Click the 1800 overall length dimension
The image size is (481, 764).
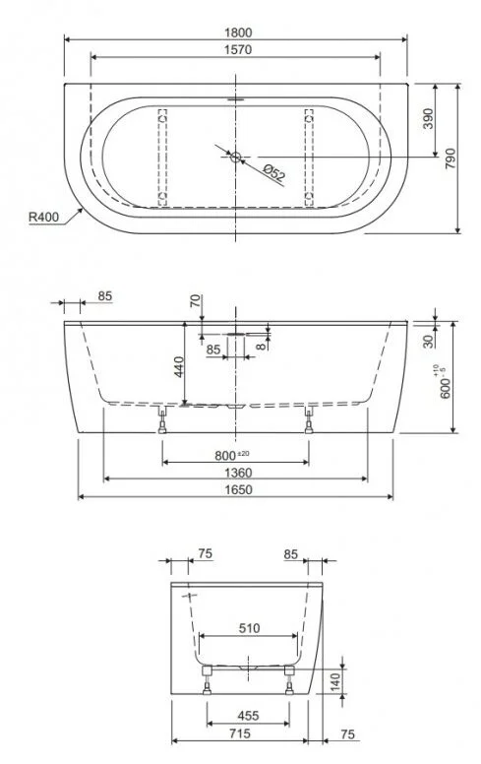pyautogui.click(x=235, y=30)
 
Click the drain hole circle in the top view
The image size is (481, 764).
pyautogui.click(x=235, y=154)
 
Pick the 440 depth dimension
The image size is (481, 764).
pyautogui.click(x=177, y=367)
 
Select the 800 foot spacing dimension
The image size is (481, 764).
pyautogui.click(x=232, y=455)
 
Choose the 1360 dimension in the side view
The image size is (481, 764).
pyautogui.click(x=235, y=473)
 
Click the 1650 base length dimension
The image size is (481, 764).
pyautogui.click(x=235, y=490)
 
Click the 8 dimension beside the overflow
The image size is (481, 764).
pyautogui.click(x=261, y=347)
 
